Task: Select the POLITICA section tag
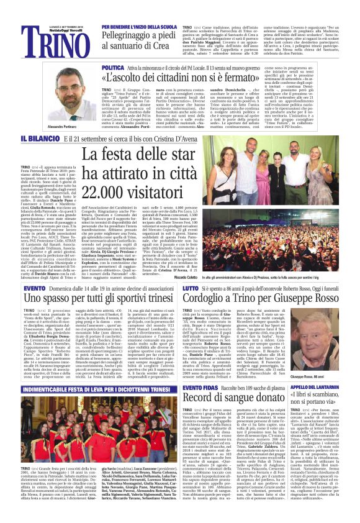pyautogui.click(x=112, y=66)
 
